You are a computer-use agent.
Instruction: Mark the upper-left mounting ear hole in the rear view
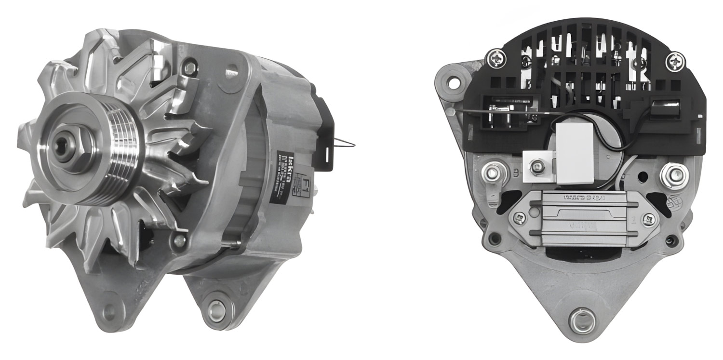453,82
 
